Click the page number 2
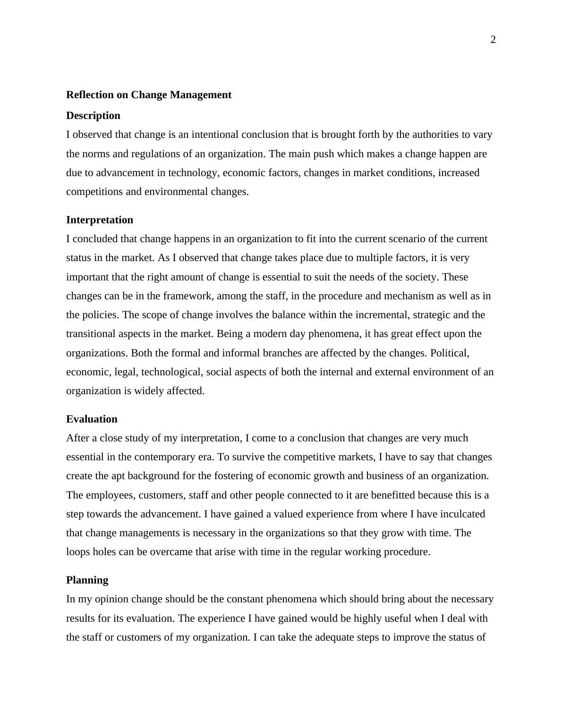point(493,40)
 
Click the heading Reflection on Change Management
point(149,95)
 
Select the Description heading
point(93,116)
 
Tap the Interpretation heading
point(100,220)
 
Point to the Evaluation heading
point(92,419)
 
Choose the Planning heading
point(87,580)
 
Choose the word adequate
point(338,637)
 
